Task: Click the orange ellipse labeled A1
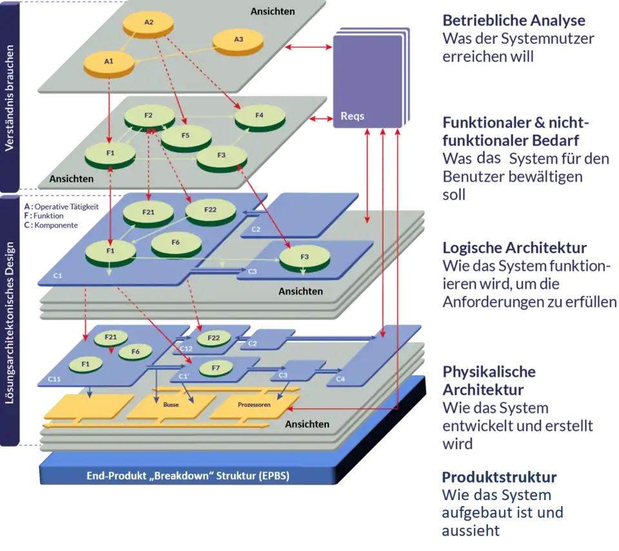[108, 62]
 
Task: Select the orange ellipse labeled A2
[149, 23]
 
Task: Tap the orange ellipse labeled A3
[238, 40]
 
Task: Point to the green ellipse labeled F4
[259, 116]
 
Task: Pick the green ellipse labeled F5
[186, 135]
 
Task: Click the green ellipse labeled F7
[215, 368]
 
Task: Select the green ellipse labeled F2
[149, 115]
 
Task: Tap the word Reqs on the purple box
[352, 117]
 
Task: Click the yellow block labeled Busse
[171, 405]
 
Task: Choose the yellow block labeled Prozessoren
[253, 405]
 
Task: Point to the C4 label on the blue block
[340, 379]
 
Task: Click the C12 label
[186, 348]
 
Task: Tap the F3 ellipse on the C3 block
[304, 257]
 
